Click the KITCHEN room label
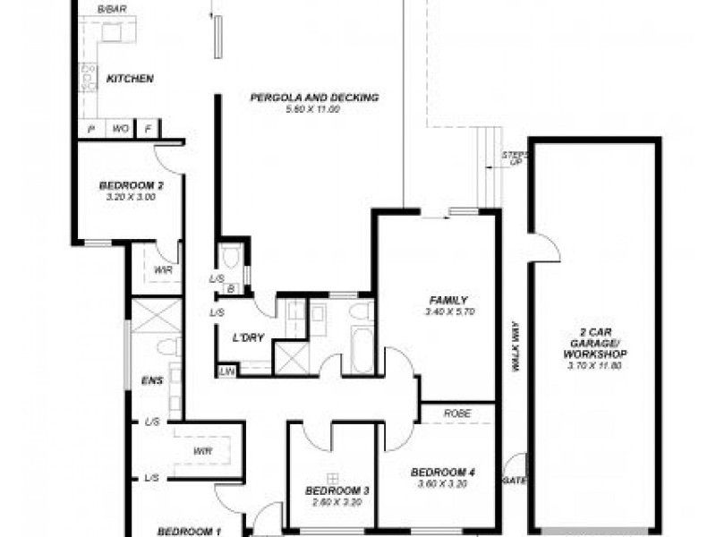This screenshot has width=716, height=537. point(130,79)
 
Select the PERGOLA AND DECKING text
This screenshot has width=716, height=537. point(314,98)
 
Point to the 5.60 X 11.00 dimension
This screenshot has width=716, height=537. point(312,109)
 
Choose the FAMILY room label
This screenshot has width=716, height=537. point(447,300)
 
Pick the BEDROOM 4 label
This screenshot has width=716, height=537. point(442,473)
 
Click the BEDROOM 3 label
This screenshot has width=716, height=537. point(331,490)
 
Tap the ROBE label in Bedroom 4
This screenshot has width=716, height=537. point(457,414)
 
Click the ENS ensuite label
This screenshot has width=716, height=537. point(151,381)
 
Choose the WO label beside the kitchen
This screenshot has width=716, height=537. point(120,130)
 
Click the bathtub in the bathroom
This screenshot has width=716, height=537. point(362,351)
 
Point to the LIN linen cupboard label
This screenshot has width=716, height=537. point(227,370)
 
